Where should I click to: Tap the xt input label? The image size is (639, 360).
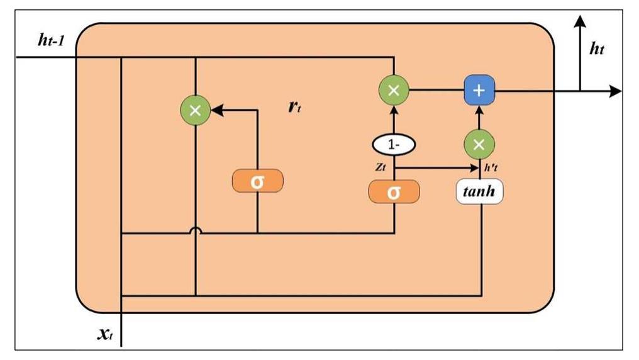pos(104,333)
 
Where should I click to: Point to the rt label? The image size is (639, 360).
pos(294,106)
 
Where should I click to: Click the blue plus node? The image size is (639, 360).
pos(479,91)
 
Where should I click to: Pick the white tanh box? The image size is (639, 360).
pos(479,193)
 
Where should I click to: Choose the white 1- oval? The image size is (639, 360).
pos(394,145)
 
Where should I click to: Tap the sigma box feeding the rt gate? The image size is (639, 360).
pos(258,181)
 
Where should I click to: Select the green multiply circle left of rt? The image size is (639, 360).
pos(196,110)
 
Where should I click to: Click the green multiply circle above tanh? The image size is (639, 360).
pos(479,145)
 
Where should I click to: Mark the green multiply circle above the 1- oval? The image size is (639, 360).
pos(394,91)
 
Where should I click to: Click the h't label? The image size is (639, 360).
pos(491,169)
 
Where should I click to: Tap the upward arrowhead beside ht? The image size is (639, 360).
pos(579,23)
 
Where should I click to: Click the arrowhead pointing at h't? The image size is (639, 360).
pos(475,168)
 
